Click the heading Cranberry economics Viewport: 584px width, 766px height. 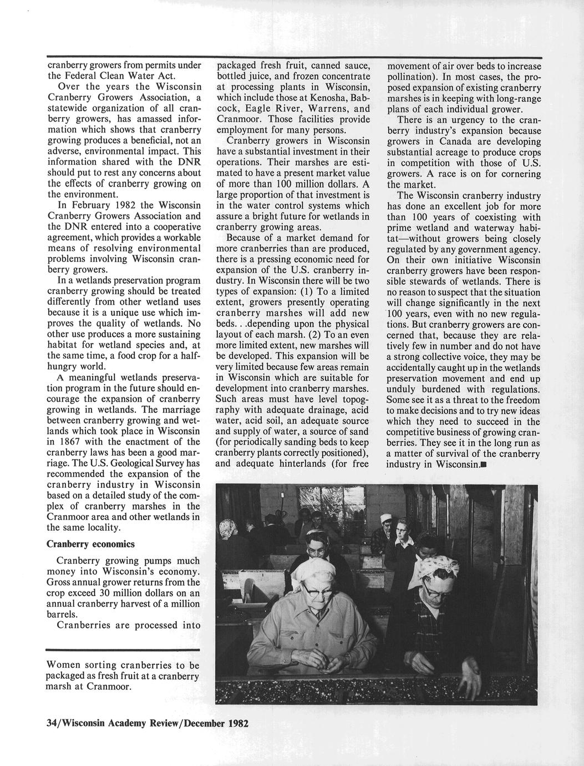(x=90, y=543)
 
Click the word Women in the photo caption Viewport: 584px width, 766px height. (x=64, y=665)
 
